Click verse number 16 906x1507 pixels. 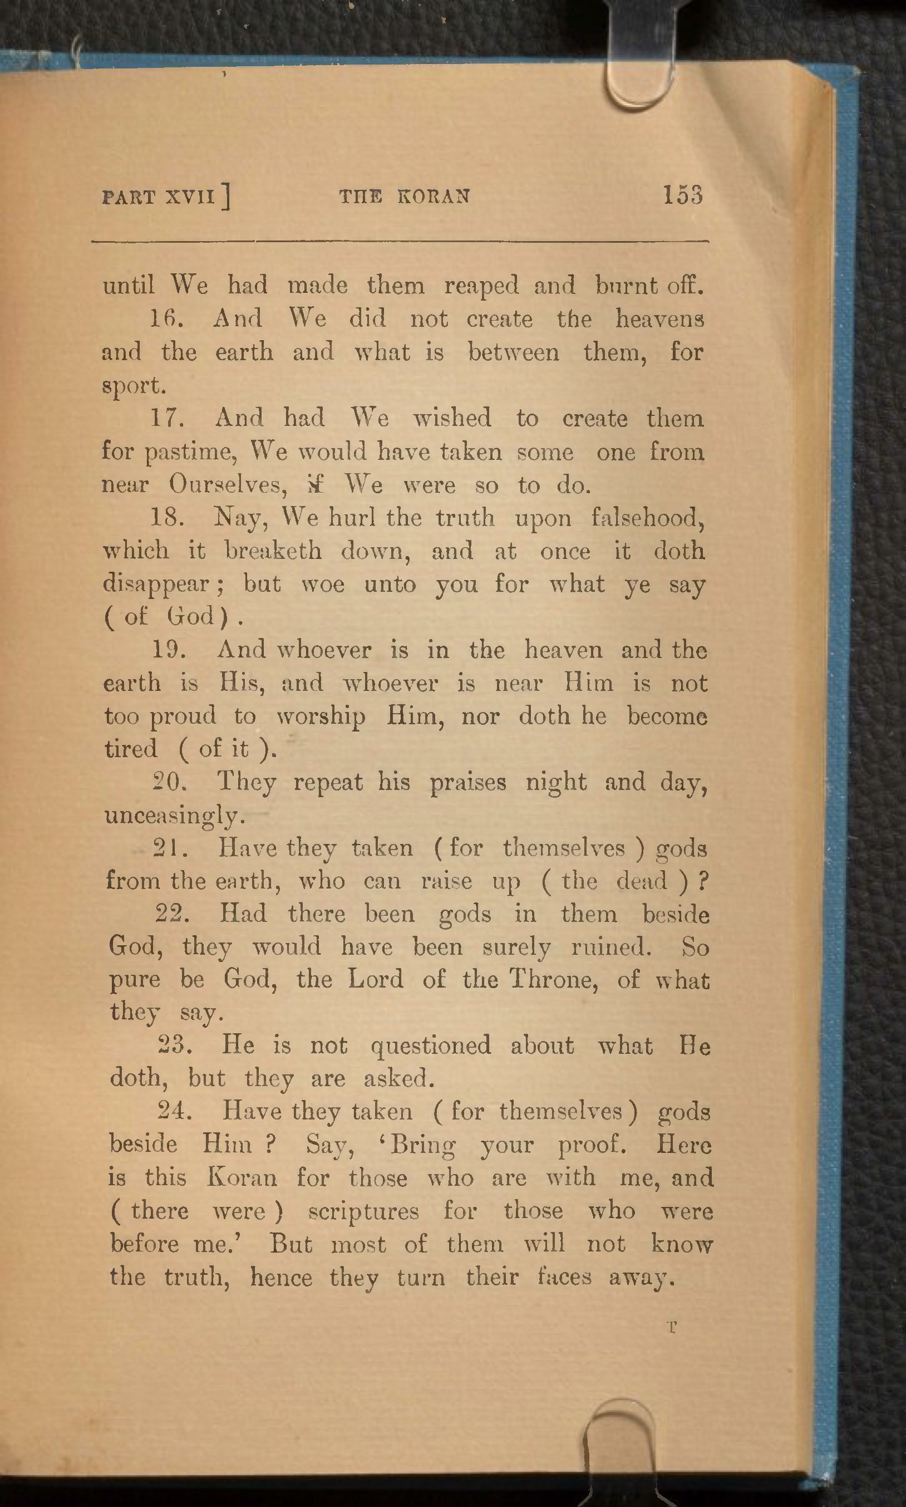pyautogui.click(x=163, y=319)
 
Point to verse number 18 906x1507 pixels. pyautogui.click(x=166, y=518)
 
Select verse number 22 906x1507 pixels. pyautogui.click(x=173, y=914)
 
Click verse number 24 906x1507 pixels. pyautogui.click(x=175, y=1112)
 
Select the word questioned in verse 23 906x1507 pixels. pyautogui.click(x=430, y=1047)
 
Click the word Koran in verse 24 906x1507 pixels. pyautogui.click(x=243, y=1178)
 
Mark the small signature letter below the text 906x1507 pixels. pyautogui.click(x=672, y=1327)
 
